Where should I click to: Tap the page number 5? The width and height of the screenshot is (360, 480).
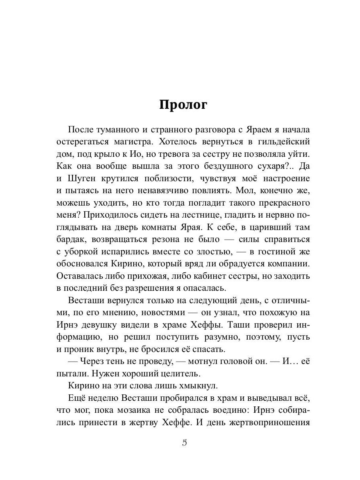(184, 443)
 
